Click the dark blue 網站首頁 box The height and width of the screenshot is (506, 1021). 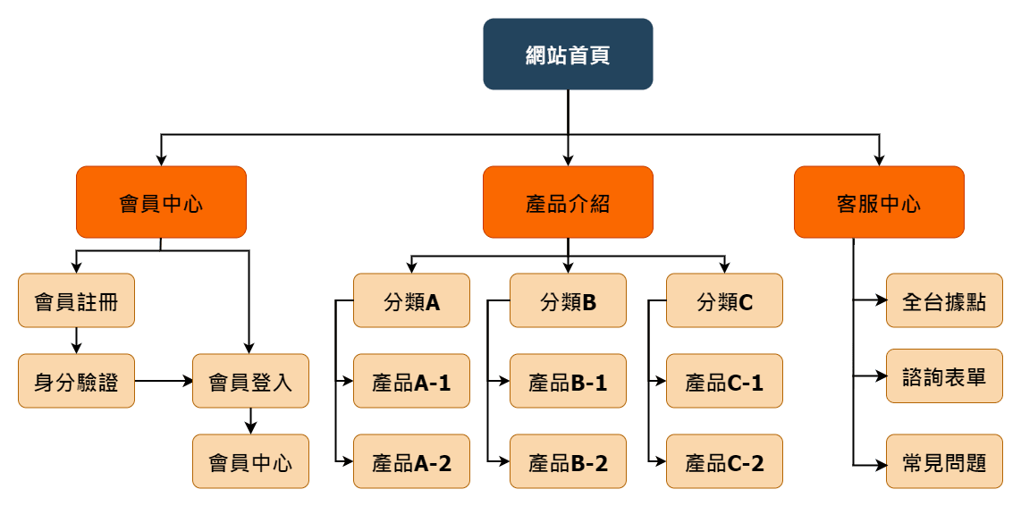(568, 55)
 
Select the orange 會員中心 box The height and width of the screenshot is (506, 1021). (161, 202)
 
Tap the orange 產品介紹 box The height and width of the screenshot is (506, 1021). (568, 202)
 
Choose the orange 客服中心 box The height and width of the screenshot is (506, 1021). (879, 202)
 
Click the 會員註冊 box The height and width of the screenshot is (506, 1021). (76, 300)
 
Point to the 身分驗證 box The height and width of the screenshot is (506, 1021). (76, 381)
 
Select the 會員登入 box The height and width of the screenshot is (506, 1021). (250, 381)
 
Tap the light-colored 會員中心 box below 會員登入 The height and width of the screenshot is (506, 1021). (250, 461)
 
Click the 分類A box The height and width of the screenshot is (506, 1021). (411, 300)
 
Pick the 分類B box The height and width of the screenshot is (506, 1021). (568, 300)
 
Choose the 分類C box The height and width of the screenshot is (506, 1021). (724, 300)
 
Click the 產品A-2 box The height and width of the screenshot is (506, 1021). (411, 461)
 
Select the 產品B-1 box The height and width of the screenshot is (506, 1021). (568, 381)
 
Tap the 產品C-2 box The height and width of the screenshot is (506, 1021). (724, 461)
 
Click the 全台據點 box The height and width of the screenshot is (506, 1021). (944, 300)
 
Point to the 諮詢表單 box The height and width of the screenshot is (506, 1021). (944, 375)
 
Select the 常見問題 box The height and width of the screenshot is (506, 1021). (944, 461)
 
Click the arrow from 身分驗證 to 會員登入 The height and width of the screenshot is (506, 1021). (164, 381)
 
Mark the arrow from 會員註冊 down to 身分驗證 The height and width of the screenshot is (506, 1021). (76, 341)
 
